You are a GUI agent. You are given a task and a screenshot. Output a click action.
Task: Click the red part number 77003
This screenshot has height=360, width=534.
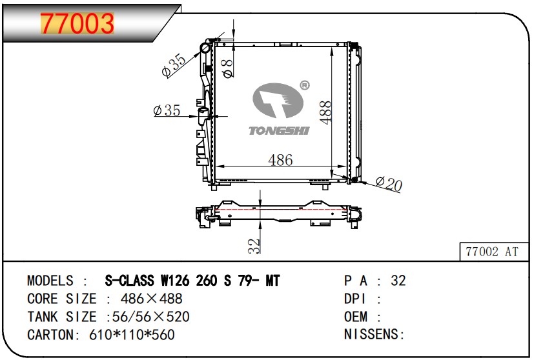coord(77,23)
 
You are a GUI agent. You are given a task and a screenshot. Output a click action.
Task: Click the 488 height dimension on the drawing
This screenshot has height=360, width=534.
coord(325,112)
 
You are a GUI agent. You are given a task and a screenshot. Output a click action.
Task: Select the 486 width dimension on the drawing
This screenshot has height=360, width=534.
coord(280,160)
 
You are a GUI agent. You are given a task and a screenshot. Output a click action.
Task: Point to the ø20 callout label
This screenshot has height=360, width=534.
coord(389,184)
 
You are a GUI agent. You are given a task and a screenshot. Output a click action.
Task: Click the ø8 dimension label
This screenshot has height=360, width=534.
coord(227,68)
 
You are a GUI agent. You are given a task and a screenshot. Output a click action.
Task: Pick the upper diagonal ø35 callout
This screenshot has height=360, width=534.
coord(174,65)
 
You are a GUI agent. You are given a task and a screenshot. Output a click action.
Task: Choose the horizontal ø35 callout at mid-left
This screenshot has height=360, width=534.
coord(167,110)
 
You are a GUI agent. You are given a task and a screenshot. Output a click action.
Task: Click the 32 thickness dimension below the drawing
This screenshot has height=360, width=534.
coord(254,246)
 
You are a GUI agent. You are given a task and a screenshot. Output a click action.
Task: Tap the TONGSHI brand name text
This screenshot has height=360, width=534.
coord(279,131)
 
